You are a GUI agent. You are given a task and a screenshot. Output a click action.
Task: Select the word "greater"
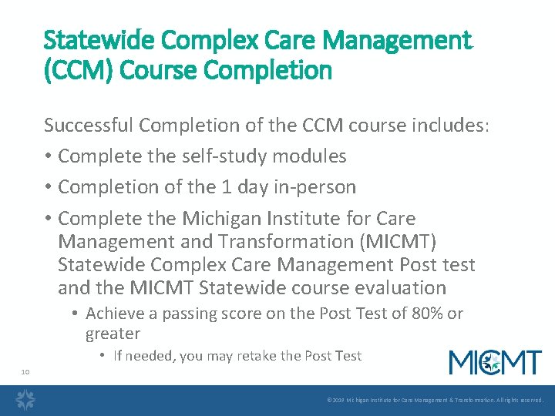pyautogui.click(x=113, y=334)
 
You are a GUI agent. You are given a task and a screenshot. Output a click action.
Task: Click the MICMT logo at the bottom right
pyautogui.click(x=495, y=362)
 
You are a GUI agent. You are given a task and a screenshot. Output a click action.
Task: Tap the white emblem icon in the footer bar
pyautogui.click(x=25, y=400)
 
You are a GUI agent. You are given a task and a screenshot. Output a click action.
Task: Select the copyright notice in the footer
pyautogui.click(x=435, y=401)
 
